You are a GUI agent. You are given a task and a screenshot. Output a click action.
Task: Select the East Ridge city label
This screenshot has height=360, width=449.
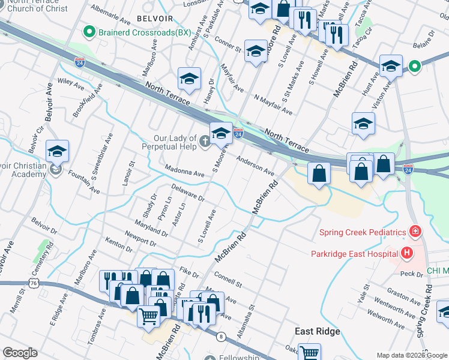[x=317, y=332]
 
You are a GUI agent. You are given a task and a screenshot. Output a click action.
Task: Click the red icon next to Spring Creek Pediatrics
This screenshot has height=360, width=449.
[x=414, y=232]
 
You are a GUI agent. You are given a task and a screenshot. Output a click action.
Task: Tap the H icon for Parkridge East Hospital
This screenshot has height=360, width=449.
[x=407, y=253]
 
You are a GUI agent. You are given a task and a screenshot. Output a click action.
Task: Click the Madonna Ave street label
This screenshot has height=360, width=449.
[x=185, y=171]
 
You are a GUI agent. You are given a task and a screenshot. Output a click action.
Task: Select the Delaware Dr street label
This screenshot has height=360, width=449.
[x=187, y=193]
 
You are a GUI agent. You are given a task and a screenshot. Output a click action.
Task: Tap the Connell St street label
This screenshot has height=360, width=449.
[x=228, y=280]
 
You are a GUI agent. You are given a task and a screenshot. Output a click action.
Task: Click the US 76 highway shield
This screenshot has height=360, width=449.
[x=33, y=283]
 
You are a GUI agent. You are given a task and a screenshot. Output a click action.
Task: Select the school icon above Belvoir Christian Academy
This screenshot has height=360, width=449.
[x=57, y=152]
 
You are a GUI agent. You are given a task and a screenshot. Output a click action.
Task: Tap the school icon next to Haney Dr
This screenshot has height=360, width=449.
[x=188, y=79]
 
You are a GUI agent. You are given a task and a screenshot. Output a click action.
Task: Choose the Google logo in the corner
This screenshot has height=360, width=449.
[x=20, y=353]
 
